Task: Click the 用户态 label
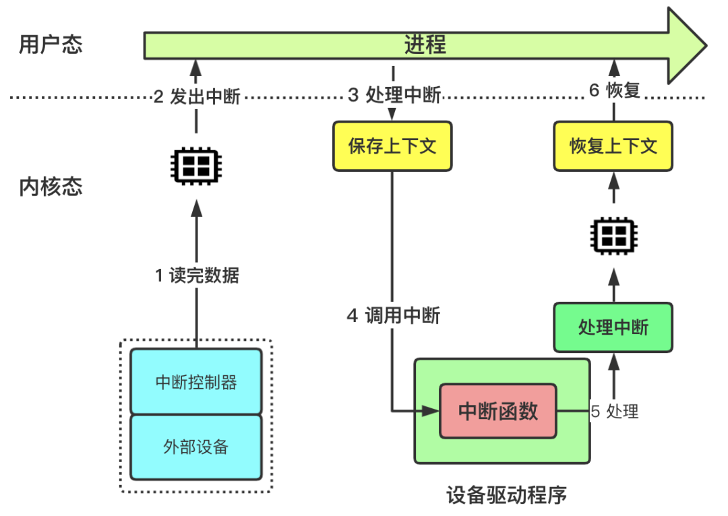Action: [51, 45]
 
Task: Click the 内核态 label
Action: [51, 187]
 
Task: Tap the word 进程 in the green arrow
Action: [425, 45]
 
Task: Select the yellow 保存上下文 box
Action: [392, 146]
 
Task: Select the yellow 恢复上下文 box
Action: [613, 146]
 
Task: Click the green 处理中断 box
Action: [613, 327]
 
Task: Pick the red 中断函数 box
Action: [498, 411]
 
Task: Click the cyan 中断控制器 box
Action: [196, 381]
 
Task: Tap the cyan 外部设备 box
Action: [196, 446]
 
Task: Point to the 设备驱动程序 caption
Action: [507, 496]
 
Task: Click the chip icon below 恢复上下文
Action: [613, 235]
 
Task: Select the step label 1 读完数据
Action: [197, 276]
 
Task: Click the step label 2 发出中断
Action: [197, 96]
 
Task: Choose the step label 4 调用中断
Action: [394, 315]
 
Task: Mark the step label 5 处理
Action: [614, 411]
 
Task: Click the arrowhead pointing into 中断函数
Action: [431, 410]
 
